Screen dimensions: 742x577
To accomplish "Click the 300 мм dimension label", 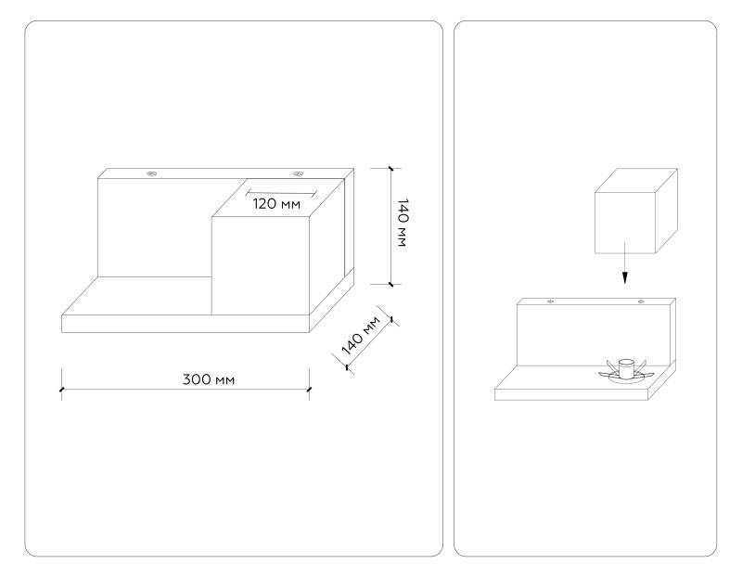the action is [x=208, y=379].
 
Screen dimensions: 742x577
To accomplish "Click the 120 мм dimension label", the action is [x=276, y=204].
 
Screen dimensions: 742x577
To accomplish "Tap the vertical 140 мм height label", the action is [x=403, y=223].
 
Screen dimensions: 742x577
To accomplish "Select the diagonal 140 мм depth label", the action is [x=361, y=336].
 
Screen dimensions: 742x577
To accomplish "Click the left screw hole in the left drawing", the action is [x=151, y=173].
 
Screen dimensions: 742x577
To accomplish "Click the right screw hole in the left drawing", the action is [x=298, y=173].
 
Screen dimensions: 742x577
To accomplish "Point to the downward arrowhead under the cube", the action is [x=625, y=278].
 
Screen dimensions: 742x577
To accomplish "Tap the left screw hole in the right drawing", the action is [x=550, y=301].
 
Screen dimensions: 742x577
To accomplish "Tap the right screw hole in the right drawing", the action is [x=641, y=301].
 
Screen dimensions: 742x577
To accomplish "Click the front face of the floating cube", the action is [x=624, y=223].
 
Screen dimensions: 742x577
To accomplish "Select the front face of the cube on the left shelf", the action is [x=261, y=265].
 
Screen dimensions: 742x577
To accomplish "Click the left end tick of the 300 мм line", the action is [x=61, y=390].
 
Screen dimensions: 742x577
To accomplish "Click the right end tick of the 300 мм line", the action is [x=309, y=390].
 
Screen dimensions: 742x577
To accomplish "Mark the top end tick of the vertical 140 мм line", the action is [x=390, y=168].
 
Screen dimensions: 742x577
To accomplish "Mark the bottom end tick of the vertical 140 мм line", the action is [x=390, y=284].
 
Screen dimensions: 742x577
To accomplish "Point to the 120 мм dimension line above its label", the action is [x=281, y=193].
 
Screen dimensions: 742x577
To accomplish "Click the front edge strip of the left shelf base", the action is [x=185, y=324].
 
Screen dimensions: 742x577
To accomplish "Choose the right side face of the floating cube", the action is [x=666, y=211].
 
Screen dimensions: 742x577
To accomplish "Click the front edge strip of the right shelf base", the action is [x=571, y=395].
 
